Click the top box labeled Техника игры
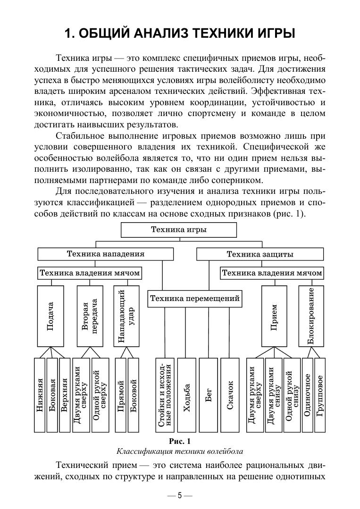179,230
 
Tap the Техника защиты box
260,254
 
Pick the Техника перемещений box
195,299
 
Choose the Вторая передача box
89,316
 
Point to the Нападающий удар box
126,316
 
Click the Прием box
275,316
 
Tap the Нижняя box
40,395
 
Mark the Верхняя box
65,395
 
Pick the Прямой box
121,395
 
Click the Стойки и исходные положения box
165,395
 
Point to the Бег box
208,395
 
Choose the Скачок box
230,395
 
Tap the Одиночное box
307,395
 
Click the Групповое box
320,395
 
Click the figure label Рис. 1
180,441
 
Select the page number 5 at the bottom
180,496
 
